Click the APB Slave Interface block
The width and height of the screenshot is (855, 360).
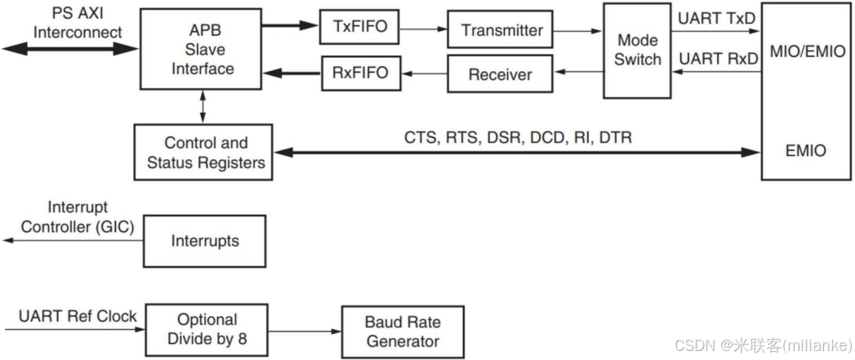[x=203, y=48]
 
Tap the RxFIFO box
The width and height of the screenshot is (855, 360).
[x=359, y=74]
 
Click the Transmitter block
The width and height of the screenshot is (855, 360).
[x=501, y=30]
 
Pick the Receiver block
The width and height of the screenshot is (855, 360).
[x=501, y=74]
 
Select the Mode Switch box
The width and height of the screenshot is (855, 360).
[x=638, y=50]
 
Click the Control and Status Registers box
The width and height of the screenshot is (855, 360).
[x=206, y=153]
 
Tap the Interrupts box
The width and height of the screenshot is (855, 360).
[x=205, y=241]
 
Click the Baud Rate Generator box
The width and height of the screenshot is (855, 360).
[x=403, y=331]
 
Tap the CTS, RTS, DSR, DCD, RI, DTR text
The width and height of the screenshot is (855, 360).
[x=518, y=138]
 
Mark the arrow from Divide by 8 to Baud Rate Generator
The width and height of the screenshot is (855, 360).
[x=305, y=331]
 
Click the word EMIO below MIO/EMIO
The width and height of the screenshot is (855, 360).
[x=804, y=151]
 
